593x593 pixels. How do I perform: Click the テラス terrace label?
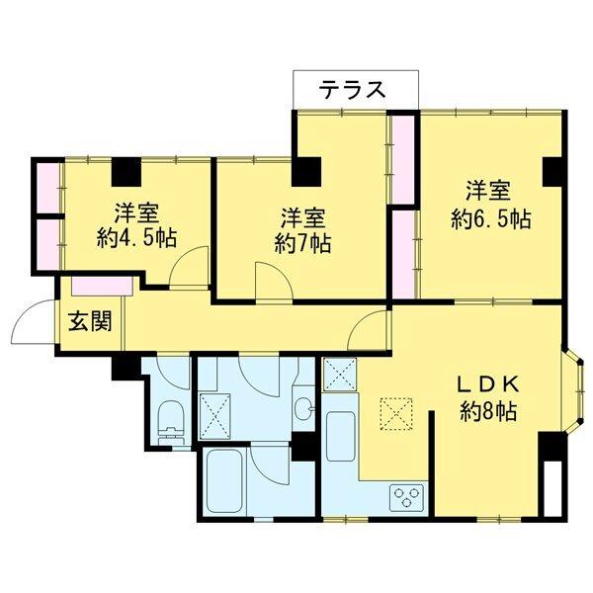(352, 89)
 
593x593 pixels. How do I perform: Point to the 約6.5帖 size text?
(491, 217)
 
